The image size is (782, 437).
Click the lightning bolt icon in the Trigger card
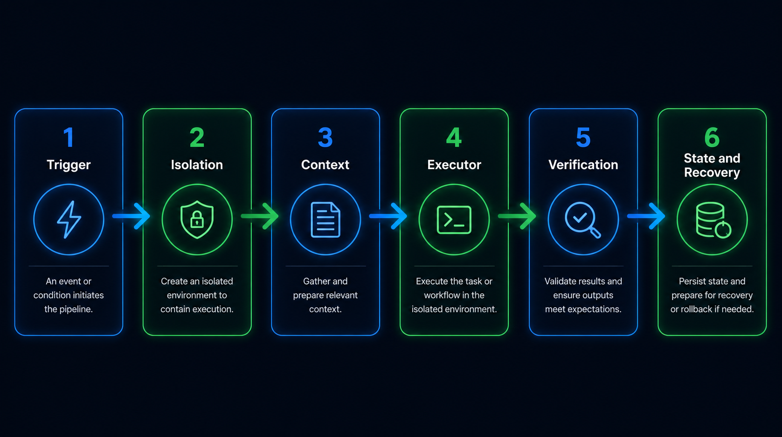pyautogui.click(x=69, y=219)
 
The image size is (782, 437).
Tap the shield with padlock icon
pyautogui.click(x=197, y=219)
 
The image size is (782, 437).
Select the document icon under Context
pyautogui.click(x=325, y=220)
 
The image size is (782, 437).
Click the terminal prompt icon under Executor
pyautogui.click(x=454, y=220)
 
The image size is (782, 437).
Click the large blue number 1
pyautogui.click(x=69, y=137)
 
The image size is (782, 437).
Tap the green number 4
pyautogui.click(x=454, y=137)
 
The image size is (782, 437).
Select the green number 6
pyautogui.click(x=712, y=137)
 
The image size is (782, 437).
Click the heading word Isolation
pyautogui.click(x=197, y=164)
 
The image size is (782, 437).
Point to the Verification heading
pyautogui.click(x=583, y=164)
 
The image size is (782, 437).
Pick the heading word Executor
pyautogui.click(x=454, y=164)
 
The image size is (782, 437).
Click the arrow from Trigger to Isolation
pyautogui.click(x=131, y=216)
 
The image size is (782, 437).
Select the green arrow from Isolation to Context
pyautogui.click(x=260, y=216)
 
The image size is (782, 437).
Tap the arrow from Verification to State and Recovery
pyautogui.click(x=646, y=216)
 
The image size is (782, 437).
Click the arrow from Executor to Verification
pyautogui.click(x=517, y=216)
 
